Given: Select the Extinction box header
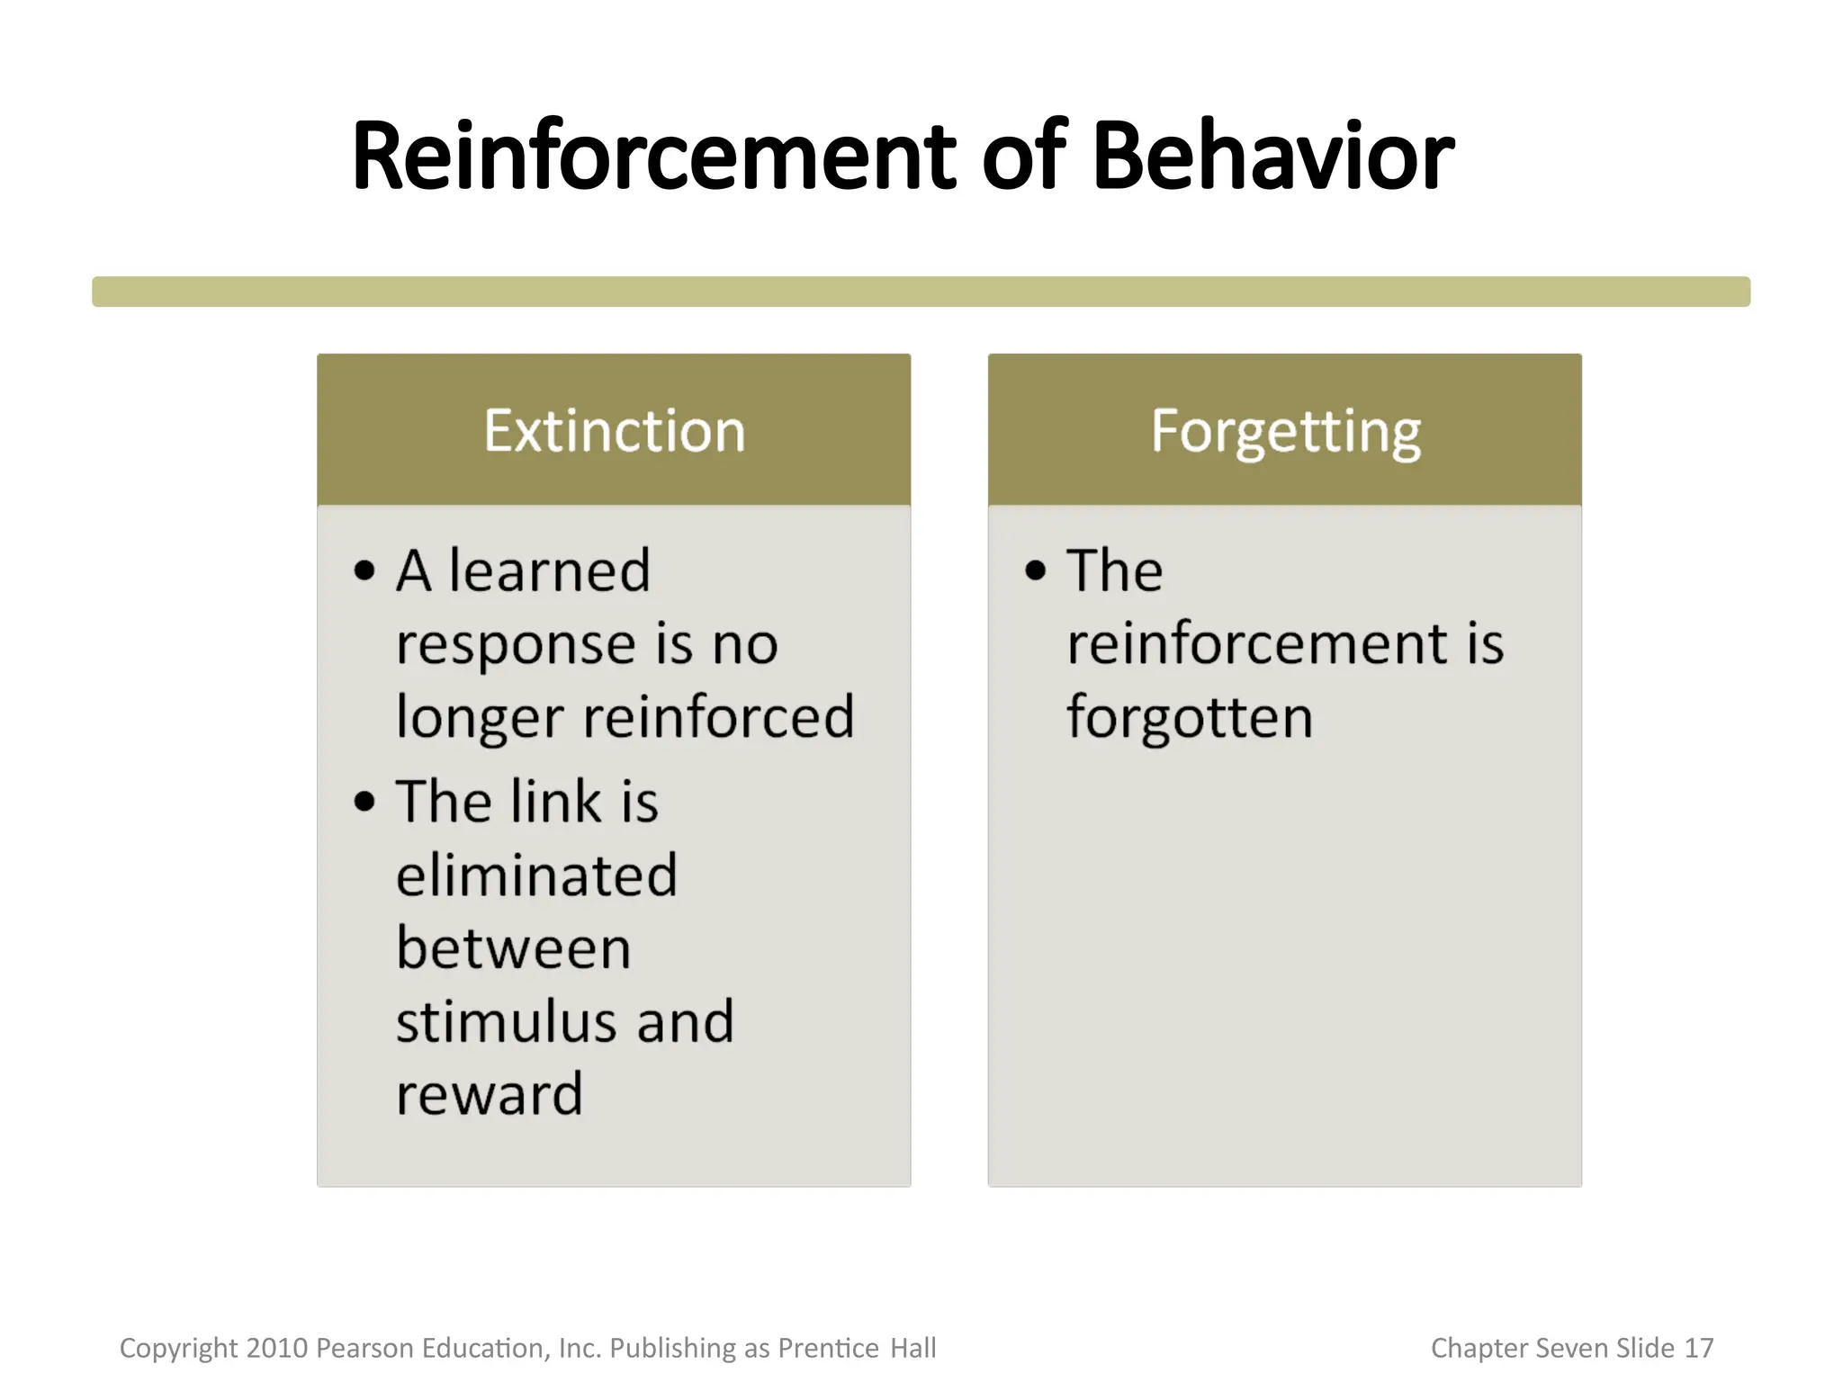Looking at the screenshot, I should point(614,430).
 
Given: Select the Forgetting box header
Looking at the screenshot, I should point(1284,430).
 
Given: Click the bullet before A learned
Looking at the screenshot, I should point(364,570).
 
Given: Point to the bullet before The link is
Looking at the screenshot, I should point(364,801).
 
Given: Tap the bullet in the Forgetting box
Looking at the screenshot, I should point(1036,570).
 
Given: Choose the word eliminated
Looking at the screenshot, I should point(536,875).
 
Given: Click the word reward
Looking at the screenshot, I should point(490,1095).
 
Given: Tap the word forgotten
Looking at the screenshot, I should point(1190,717).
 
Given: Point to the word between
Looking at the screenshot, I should point(513,948).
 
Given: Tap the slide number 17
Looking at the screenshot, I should point(1698,1348).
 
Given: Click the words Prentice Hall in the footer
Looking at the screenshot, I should point(857,1348).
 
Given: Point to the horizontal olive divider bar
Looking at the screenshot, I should point(921,292).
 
